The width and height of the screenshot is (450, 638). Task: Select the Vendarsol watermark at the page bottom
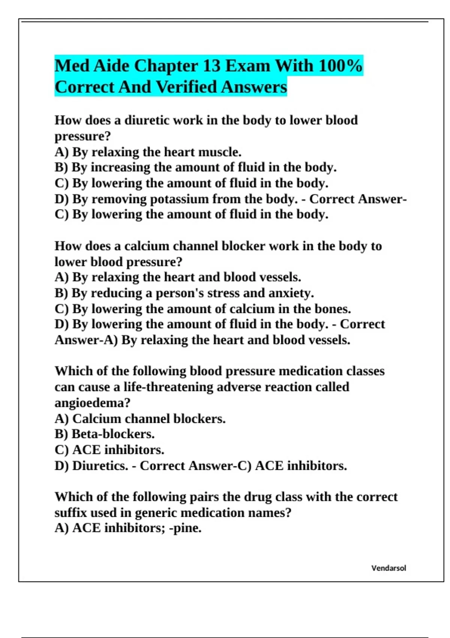[388, 568]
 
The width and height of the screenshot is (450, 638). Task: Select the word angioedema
[92, 403]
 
